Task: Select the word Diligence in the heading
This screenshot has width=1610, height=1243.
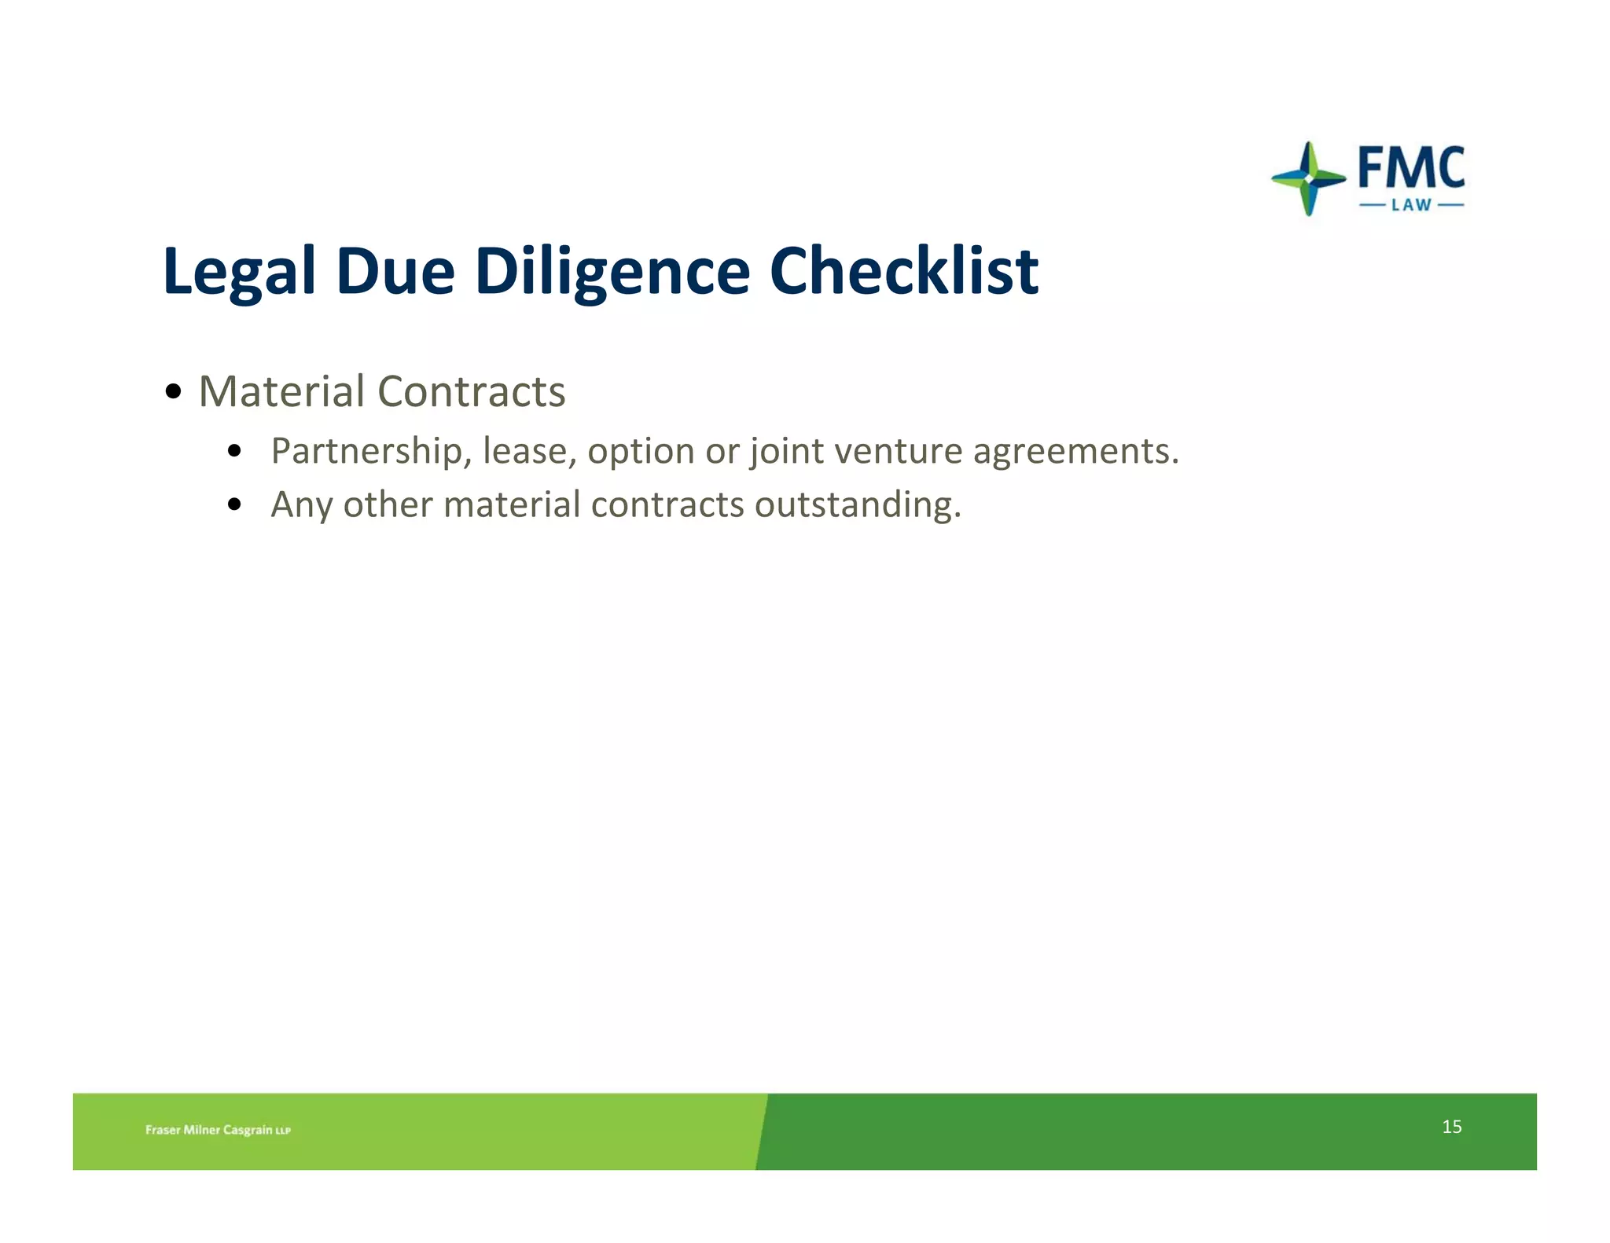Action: pyautogui.click(x=612, y=271)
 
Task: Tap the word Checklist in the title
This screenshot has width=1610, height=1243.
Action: pyautogui.click(x=903, y=271)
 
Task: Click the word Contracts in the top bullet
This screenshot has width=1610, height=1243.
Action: pyautogui.click(x=471, y=391)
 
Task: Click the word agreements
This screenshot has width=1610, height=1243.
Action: pyautogui.click(x=1075, y=452)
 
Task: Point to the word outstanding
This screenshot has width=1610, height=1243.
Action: pyautogui.click(x=858, y=505)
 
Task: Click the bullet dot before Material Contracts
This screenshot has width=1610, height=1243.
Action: pyautogui.click(x=174, y=391)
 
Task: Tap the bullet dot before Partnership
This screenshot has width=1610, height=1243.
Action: pyautogui.click(x=233, y=452)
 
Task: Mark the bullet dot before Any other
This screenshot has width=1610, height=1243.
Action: pyautogui.click(x=233, y=505)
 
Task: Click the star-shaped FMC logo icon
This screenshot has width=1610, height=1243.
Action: pyautogui.click(x=1307, y=179)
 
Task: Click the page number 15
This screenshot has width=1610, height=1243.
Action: pyautogui.click(x=1451, y=1127)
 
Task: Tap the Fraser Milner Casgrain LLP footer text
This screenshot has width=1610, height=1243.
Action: pyautogui.click(x=218, y=1130)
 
